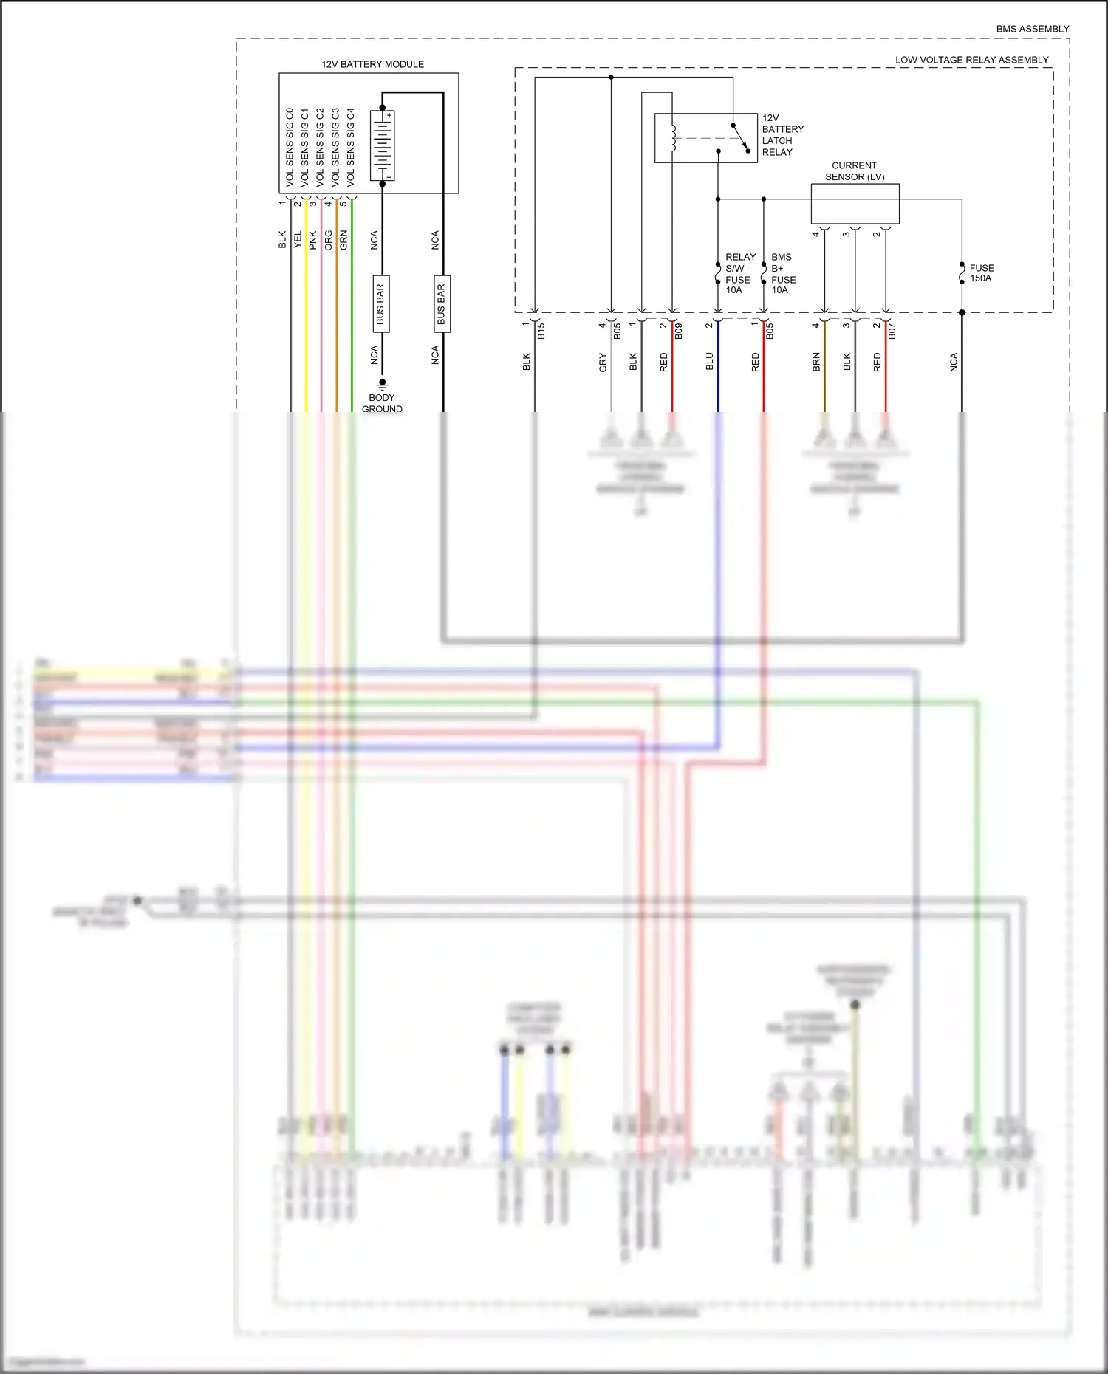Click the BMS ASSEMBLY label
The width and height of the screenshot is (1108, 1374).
[1032, 29]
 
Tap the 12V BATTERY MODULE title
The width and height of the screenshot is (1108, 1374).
[372, 64]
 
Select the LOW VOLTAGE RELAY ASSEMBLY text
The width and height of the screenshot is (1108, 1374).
[971, 60]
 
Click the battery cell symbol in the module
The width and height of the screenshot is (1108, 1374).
[383, 145]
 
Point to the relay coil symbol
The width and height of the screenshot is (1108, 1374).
[673, 137]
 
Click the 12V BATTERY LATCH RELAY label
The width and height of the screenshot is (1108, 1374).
[782, 135]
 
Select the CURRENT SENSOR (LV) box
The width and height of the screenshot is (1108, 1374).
[855, 204]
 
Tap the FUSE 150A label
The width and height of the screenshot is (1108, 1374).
[981, 273]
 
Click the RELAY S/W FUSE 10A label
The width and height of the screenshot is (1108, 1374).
[739, 273]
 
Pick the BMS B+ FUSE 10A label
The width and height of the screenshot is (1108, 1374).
[783, 273]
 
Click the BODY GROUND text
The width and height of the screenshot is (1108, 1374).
[382, 403]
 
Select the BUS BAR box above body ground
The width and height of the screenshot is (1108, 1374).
[380, 303]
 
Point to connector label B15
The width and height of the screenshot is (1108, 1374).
[541, 331]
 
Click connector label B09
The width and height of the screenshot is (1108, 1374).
[679, 331]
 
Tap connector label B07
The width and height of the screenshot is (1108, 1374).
[892, 331]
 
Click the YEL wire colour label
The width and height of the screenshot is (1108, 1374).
[298, 239]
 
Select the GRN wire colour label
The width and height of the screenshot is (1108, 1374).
[343, 239]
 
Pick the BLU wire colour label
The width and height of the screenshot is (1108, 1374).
[709, 361]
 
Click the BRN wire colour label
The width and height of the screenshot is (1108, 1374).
[816, 361]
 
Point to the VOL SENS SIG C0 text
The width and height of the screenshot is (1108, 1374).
[290, 146]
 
